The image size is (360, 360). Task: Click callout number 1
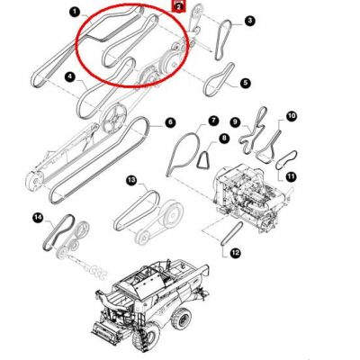pyautogui.click(x=74, y=13)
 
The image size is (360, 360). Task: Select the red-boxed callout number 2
pyautogui.click(x=179, y=6)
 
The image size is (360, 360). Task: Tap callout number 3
pyautogui.click(x=249, y=22)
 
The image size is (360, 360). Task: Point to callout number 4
pyautogui.click(x=69, y=77)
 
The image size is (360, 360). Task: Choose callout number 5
pyautogui.click(x=245, y=83)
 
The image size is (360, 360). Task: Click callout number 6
pyautogui.click(x=170, y=122)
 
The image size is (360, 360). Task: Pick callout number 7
pyautogui.click(x=213, y=121)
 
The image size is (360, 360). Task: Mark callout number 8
pyautogui.click(x=224, y=139)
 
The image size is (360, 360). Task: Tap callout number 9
pyautogui.click(x=235, y=122)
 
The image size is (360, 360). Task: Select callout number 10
pyautogui.click(x=291, y=116)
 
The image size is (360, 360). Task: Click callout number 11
pyautogui.click(x=291, y=176)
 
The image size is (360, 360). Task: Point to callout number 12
pyautogui.click(x=235, y=253)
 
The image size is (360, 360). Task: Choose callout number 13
pyautogui.click(x=131, y=180)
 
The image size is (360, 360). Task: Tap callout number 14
pyautogui.click(x=38, y=218)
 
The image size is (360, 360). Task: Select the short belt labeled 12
pyautogui.click(x=231, y=234)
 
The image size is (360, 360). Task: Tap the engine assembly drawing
pyautogui.click(x=250, y=195)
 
